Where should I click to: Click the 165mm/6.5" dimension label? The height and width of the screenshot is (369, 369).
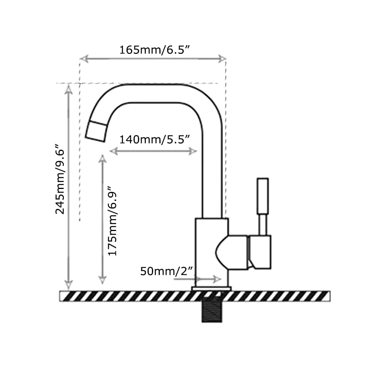(155, 50)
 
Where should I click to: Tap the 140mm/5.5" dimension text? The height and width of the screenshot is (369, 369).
(154, 139)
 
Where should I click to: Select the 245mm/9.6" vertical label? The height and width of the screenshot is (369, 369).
(60, 179)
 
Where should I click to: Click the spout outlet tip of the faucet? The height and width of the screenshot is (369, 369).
(96, 132)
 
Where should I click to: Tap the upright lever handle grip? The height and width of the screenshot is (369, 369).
(263, 196)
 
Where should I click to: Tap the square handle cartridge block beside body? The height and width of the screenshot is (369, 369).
(260, 252)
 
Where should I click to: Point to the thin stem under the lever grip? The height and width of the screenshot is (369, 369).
(262, 224)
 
